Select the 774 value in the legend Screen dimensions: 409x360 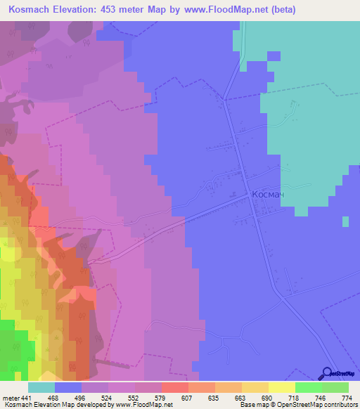pyautogui.click(x=347, y=398)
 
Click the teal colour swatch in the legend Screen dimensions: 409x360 pyautogui.click(x=41, y=387)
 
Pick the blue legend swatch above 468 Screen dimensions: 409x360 pyautogui.click(x=67, y=387)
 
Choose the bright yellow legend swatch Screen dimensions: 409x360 pyautogui.click(x=281, y=387)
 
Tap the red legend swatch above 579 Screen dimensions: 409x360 pyautogui.click(x=174, y=387)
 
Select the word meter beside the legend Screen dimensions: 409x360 pyautogui.click(x=11, y=398)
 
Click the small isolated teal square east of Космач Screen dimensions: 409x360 pyautogui.click(x=345, y=221)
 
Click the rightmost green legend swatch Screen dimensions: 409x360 pyautogui.click(x=335, y=387)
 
